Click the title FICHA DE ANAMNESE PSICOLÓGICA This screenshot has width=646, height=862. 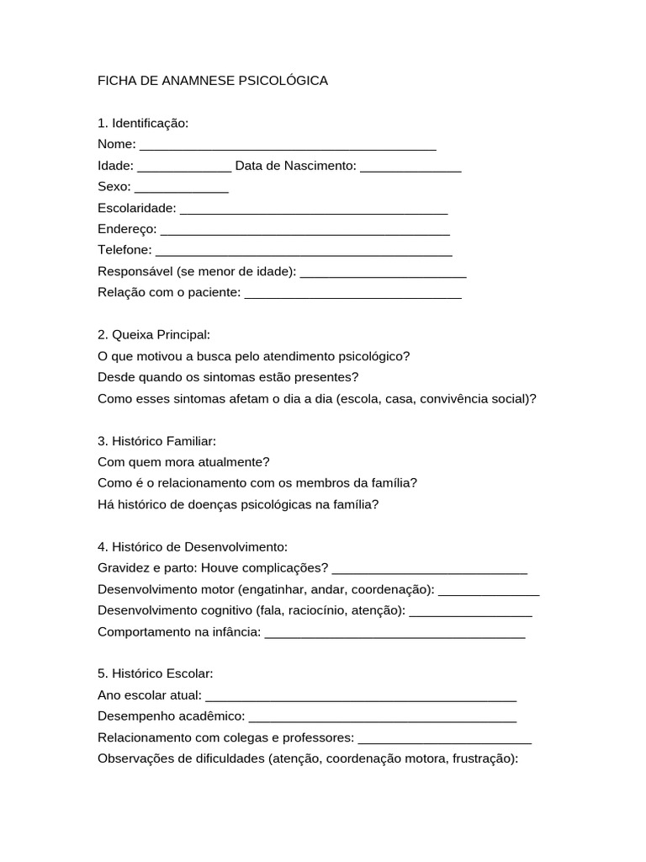[x=213, y=81]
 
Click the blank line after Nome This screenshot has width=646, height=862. [x=288, y=146]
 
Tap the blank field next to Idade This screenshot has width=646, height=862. [x=183, y=167]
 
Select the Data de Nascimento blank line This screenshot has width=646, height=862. [x=410, y=167]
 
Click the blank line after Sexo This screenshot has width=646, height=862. [x=182, y=188]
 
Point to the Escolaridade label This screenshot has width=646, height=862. [x=137, y=208]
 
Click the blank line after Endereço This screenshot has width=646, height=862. [x=304, y=230]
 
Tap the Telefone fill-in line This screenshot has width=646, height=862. [x=304, y=251]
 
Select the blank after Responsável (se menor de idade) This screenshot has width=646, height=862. [x=383, y=272]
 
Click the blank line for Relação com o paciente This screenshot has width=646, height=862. [x=352, y=293]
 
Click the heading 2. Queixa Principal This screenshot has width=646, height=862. [x=154, y=335]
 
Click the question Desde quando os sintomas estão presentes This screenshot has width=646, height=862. [x=228, y=377]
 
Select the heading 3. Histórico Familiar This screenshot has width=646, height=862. [x=157, y=440]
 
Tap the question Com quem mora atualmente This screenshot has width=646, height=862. [x=183, y=462]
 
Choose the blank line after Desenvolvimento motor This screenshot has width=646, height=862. [x=489, y=589]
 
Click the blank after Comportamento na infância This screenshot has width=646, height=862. [x=394, y=632]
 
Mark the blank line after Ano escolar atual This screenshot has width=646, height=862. [x=360, y=696]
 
